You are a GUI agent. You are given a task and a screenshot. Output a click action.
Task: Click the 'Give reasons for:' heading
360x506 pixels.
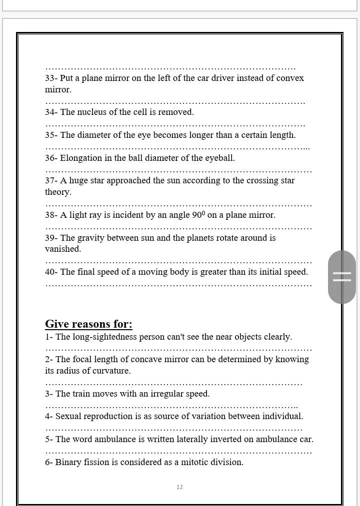[88, 324]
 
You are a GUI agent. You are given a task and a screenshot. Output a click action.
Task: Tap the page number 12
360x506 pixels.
[180, 487]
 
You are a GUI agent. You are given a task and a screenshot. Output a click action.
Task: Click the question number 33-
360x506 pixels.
[51, 78]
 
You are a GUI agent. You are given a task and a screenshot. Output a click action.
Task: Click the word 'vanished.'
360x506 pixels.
[63, 249]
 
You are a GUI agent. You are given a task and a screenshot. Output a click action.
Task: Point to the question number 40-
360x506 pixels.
[51, 272]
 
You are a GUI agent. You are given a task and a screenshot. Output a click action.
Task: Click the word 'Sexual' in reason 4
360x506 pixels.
[68, 417]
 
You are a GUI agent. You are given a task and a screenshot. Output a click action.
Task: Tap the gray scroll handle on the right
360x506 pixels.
[342, 277]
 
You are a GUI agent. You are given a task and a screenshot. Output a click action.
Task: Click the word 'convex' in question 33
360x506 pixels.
[290, 78]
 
